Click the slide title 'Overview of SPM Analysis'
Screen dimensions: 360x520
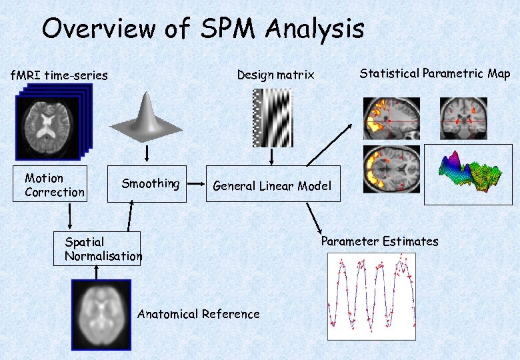pyautogui.click(x=203, y=29)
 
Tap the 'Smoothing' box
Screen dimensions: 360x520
pyautogui.click(x=147, y=183)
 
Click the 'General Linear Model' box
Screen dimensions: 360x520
pyautogui.click(x=272, y=184)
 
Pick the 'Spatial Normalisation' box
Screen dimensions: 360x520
pyautogui.click(x=97, y=248)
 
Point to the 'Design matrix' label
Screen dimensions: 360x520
pyautogui.click(x=275, y=75)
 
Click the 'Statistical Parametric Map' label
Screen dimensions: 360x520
pyautogui.click(x=435, y=73)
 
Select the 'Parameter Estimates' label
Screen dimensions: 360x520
pyautogui.click(x=379, y=241)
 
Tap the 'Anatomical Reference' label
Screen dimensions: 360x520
pyautogui.click(x=198, y=314)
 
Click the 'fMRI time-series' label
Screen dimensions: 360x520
pyautogui.click(x=59, y=75)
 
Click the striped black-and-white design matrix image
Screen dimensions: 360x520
pyautogui.click(x=272, y=117)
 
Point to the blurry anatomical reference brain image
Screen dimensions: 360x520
pyautogui.click(x=101, y=313)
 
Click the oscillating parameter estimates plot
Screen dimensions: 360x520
pyautogui.click(x=371, y=296)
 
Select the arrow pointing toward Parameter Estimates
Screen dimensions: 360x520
pyautogui.click(x=313, y=217)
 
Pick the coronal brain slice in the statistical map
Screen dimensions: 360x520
pyautogui.click(x=463, y=117)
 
